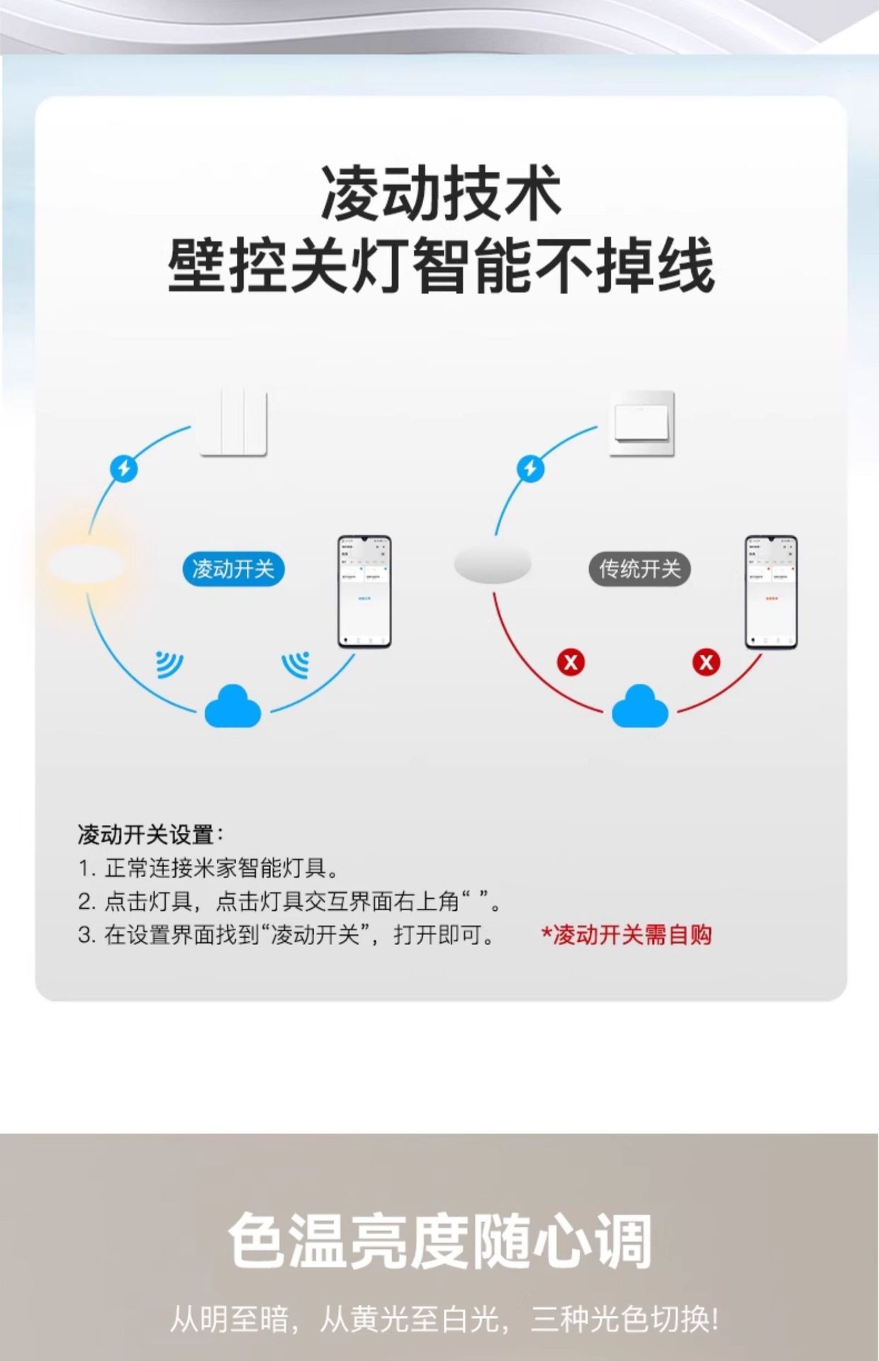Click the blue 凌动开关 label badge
[233, 569]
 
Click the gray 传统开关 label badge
[639, 569]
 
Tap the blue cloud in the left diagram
[233, 706]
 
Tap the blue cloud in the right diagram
[639, 706]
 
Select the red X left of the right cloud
[571, 663]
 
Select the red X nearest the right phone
[706, 663]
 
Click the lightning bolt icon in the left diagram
[124, 469]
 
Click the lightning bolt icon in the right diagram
[530, 469]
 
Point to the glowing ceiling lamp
[87, 565]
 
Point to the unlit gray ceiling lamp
[493, 565]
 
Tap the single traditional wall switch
[642, 423]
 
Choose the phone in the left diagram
[364, 591]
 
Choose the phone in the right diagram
[771, 591]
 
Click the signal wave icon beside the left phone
[296, 663]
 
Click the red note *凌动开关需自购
[627, 935]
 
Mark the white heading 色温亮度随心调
[439, 1240]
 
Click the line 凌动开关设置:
[150, 834]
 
